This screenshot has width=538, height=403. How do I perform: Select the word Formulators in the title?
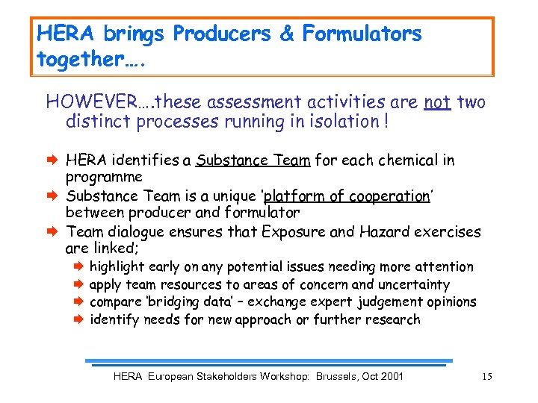click(x=363, y=34)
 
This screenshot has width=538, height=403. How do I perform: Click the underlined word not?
click(x=436, y=101)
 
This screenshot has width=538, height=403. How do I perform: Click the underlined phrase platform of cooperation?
click(x=347, y=196)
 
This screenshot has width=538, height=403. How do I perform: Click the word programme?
click(x=104, y=178)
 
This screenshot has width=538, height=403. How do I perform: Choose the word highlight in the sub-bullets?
click(x=117, y=266)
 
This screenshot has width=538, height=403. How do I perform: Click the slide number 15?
click(x=487, y=376)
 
